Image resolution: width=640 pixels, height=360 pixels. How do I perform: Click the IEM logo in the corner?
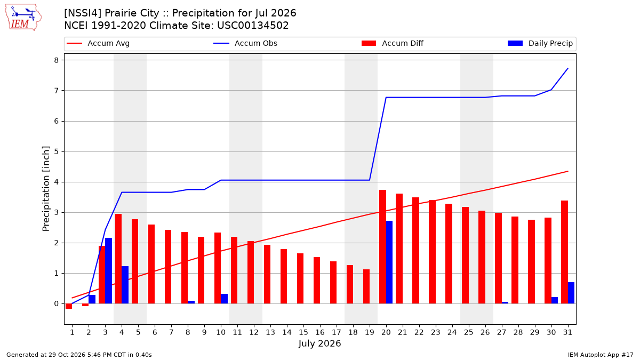coord(23,18)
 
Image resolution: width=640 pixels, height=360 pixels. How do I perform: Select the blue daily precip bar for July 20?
coord(389,262)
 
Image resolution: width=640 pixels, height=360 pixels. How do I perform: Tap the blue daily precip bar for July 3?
coord(109,270)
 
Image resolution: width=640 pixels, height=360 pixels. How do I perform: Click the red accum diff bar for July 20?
coord(383,246)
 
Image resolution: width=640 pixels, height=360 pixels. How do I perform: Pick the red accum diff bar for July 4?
coord(118,259)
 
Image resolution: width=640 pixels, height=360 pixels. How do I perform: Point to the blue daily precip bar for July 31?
coord(571,293)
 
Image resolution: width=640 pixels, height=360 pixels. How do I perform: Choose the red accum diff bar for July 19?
coord(366,286)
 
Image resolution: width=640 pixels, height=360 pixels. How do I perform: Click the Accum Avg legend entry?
coord(98,43)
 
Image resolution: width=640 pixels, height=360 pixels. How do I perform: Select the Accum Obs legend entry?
coord(245,43)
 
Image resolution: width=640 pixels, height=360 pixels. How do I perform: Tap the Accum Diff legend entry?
coord(393,43)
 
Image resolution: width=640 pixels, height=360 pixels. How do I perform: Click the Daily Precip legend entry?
coord(540,43)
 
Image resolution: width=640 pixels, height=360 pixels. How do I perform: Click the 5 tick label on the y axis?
coord(57,151)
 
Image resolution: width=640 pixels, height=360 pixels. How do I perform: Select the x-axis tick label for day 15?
coord(303,332)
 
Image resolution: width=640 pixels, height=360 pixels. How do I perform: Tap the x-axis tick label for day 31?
coord(567,332)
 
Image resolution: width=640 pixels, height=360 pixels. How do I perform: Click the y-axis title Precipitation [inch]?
coord(46,189)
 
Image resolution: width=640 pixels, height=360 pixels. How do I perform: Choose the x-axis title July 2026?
coord(319,343)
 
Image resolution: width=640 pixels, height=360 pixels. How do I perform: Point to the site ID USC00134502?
coord(253,26)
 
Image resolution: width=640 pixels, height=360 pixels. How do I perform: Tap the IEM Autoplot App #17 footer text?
coord(601,355)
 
